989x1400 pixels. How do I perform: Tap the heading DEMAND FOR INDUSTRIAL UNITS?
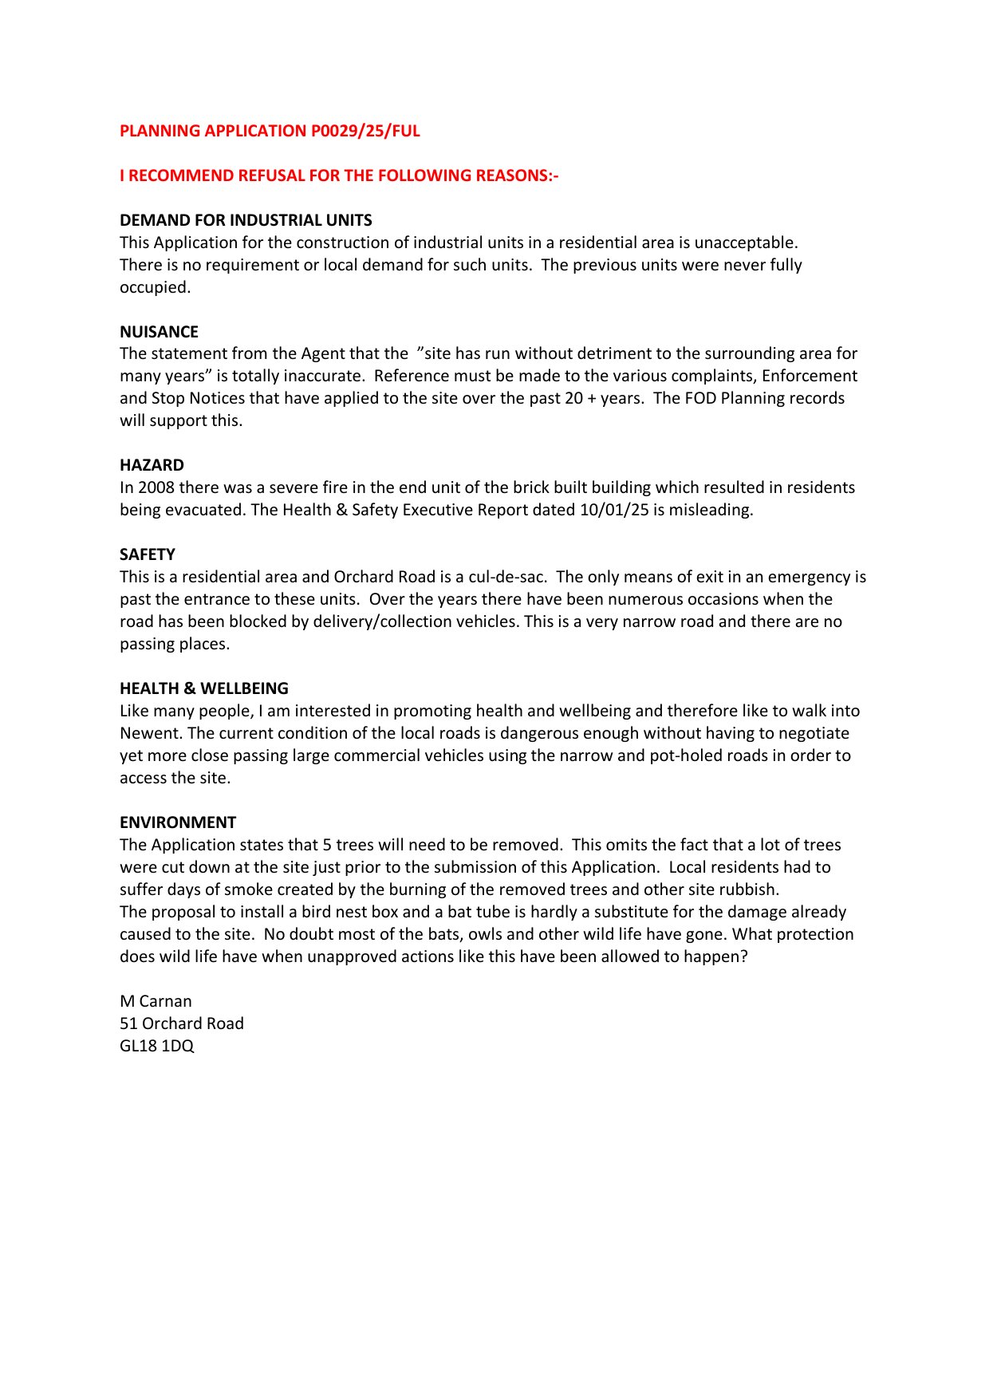tap(246, 220)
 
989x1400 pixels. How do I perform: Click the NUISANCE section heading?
tap(159, 332)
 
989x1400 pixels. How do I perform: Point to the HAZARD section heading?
tap(152, 465)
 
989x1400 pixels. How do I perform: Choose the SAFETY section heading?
tap(148, 554)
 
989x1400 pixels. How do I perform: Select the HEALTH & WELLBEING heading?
tap(204, 688)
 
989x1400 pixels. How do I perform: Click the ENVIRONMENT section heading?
tap(178, 822)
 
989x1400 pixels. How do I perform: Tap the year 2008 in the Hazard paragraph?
tap(156, 487)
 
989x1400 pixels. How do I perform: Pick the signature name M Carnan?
tap(156, 1001)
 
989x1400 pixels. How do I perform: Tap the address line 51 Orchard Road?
tap(182, 1023)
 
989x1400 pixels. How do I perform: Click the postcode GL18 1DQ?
tap(157, 1046)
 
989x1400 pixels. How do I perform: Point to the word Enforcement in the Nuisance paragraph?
tap(810, 376)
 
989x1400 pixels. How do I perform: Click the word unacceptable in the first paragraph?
tap(745, 243)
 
